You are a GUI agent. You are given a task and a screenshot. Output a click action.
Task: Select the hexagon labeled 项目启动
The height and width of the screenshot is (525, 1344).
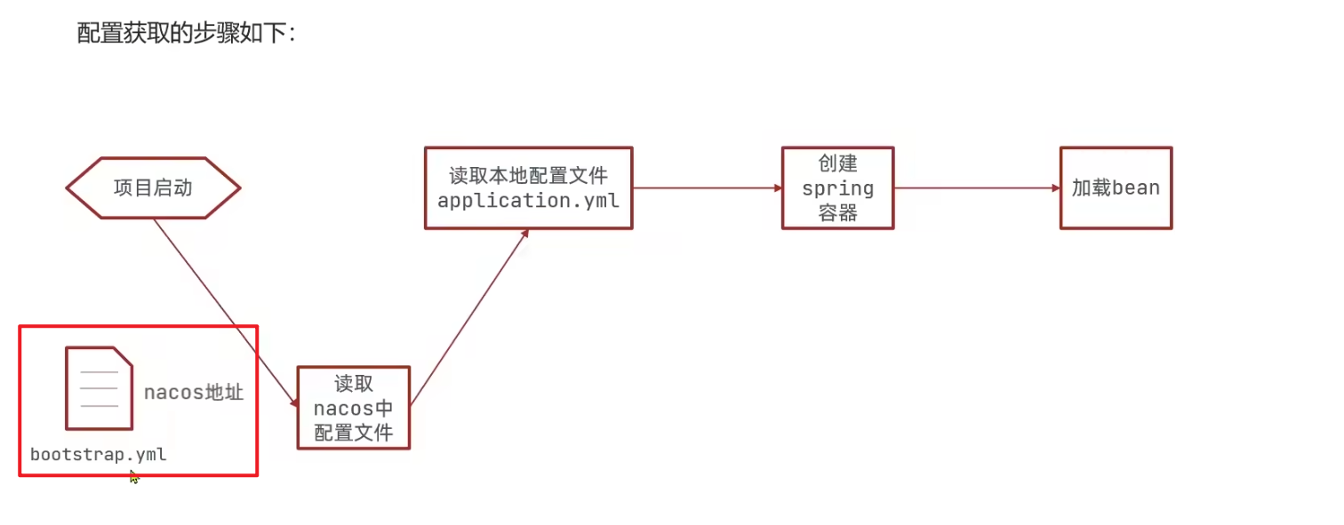tap(153, 187)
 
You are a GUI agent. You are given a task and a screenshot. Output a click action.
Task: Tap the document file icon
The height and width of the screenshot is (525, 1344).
tap(99, 388)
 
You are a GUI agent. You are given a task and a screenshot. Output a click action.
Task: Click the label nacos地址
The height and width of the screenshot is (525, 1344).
tap(194, 392)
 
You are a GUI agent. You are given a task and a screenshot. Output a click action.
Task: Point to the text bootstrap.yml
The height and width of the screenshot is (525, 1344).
tap(99, 455)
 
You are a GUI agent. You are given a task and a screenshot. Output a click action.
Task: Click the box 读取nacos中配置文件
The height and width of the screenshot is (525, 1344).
tap(353, 408)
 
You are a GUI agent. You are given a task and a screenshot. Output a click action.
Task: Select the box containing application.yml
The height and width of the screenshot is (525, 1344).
tap(528, 188)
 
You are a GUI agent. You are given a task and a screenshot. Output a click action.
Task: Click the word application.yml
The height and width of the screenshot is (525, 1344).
tap(528, 201)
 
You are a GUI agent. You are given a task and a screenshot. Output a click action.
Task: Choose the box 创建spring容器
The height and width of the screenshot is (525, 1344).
tap(837, 188)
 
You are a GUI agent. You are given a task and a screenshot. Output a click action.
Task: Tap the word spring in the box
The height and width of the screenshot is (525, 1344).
tap(837, 188)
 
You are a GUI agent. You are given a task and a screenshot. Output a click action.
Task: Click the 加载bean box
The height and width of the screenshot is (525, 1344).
tap(1116, 188)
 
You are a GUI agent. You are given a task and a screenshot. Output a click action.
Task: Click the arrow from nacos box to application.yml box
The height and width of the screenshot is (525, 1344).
tap(468, 318)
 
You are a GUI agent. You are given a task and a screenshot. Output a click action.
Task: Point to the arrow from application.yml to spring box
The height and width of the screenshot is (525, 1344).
tap(707, 188)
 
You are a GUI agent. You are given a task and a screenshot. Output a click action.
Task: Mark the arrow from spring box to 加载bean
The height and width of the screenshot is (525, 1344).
tap(976, 188)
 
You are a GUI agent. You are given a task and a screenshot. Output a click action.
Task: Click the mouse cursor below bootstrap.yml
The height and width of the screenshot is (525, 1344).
tap(133, 477)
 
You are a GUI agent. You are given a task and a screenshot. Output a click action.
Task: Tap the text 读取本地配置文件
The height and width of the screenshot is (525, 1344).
tap(528, 176)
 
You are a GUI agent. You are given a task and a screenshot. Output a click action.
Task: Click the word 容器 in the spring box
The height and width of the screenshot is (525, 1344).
tap(837, 212)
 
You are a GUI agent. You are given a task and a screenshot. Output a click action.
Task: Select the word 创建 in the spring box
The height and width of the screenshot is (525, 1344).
tap(837, 164)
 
